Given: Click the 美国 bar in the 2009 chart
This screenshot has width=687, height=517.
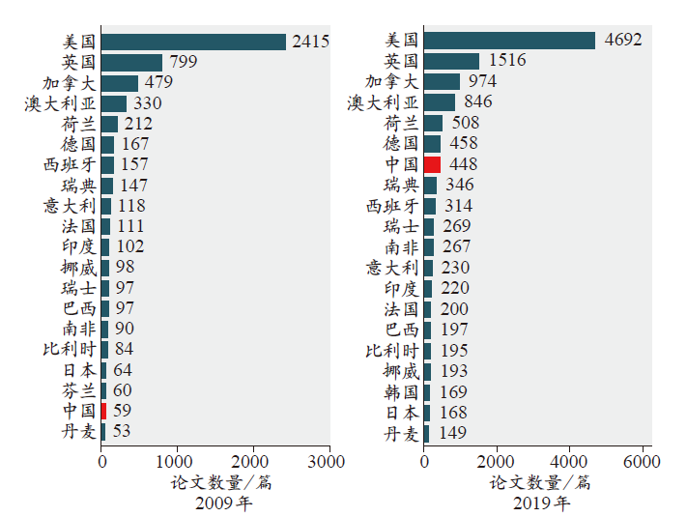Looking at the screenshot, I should tap(193, 42).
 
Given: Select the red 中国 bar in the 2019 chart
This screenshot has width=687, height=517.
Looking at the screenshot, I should tap(432, 164).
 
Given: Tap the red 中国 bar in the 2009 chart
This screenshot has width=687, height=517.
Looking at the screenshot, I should tap(103, 410).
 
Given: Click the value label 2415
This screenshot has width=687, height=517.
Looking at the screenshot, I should tap(310, 42).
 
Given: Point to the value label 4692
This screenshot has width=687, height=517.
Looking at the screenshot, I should tap(622, 41).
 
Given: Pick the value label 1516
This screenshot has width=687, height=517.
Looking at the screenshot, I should tap(507, 61).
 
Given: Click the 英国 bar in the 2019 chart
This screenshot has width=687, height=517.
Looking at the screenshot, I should tap(451, 61).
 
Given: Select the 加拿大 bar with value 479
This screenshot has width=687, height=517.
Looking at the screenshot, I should tap(120, 83).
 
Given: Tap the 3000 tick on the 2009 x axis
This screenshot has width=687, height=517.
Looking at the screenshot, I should tap(329, 462).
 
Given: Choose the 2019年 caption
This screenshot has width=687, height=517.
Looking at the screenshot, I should tap(540, 503).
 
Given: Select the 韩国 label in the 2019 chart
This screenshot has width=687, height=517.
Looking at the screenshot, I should tap(401, 392).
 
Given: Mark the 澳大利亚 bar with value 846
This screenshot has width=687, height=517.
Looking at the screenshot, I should tap(440, 102).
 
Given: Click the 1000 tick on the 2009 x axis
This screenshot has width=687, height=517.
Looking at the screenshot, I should tap(178, 462).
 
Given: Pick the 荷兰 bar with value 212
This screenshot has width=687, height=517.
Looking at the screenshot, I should tap(110, 124).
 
